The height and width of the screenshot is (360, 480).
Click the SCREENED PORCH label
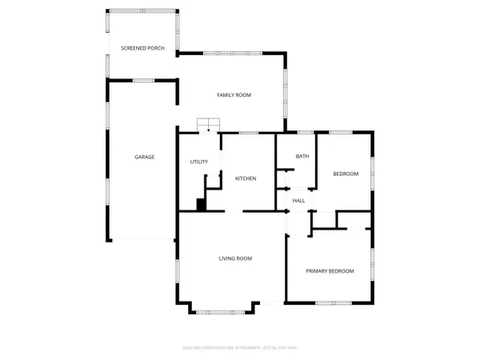click(142, 49)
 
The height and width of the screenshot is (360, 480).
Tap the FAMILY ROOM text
click(234, 95)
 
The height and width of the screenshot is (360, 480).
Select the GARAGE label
click(144, 157)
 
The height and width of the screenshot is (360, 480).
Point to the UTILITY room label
click(198, 162)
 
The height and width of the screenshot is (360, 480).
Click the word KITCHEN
click(245, 178)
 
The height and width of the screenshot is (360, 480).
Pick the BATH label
click(302, 157)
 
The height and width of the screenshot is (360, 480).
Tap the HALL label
click(298, 201)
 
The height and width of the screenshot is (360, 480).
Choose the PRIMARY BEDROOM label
click(330, 271)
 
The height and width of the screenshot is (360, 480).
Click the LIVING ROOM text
click(236, 258)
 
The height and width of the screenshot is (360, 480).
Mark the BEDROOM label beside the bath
click(346, 174)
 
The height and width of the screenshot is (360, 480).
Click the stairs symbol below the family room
click(209, 124)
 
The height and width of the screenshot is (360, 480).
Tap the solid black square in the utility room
click(202, 205)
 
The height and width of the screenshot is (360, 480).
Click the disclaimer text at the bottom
click(239, 347)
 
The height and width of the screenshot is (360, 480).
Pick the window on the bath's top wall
click(305, 132)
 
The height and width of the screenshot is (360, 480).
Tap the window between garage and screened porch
click(143, 80)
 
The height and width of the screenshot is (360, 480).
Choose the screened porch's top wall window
click(142, 11)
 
